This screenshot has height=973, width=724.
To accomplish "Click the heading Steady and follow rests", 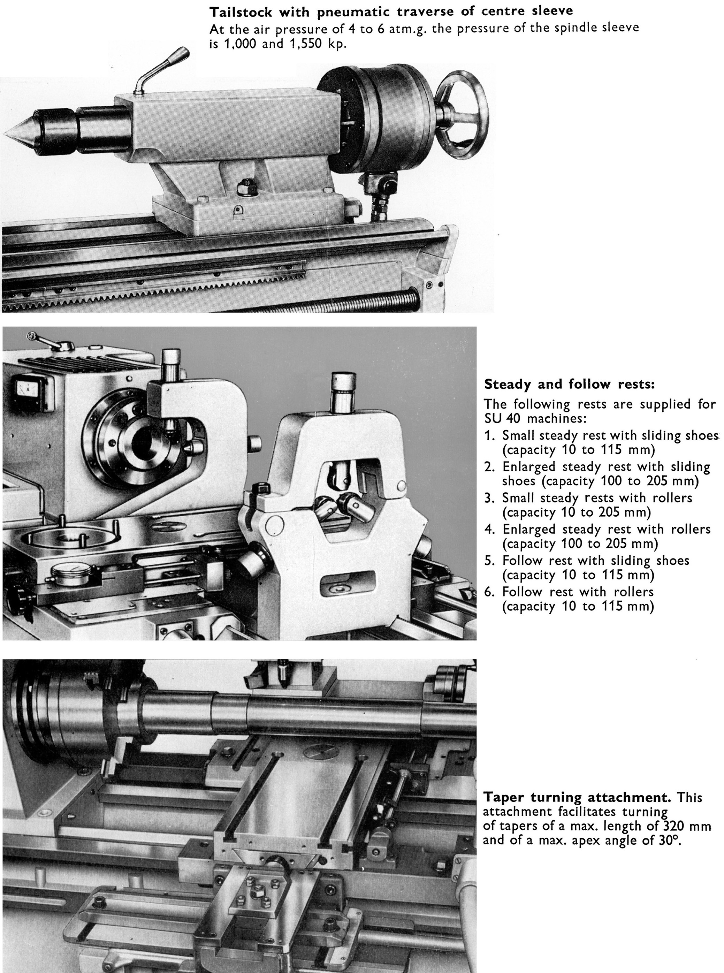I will [x=569, y=385].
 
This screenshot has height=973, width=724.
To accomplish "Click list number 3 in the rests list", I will [x=489, y=498].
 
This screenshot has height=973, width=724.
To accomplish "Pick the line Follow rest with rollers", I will [x=578, y=592].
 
